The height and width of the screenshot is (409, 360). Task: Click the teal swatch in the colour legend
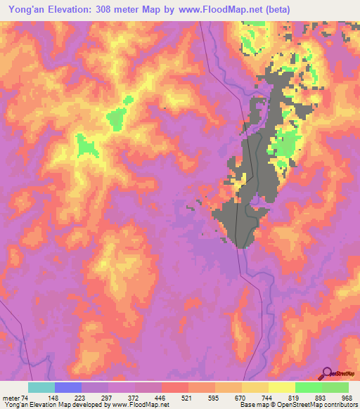click(41, 387)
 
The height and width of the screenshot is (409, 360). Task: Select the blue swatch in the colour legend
click(68, 387)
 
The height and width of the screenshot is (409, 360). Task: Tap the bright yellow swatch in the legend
click(282, 387)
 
